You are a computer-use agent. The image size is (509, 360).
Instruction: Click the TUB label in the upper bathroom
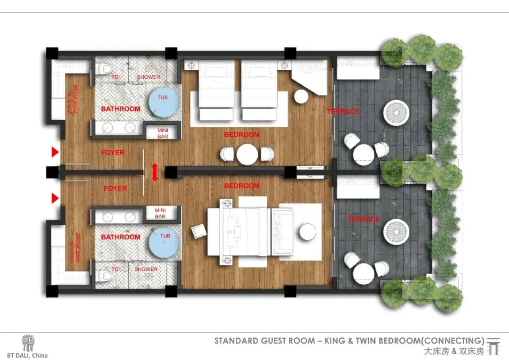(163, 98)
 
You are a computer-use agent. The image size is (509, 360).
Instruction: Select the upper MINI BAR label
(163, 133)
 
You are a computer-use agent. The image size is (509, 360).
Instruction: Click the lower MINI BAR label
(160, 213)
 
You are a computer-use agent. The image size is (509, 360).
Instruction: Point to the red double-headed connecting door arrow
(155, 172)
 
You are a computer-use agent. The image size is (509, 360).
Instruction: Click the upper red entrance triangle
(55, 152)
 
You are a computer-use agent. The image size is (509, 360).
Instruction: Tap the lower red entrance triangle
(55, 198)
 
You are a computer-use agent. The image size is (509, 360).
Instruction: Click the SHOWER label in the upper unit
(148, 77)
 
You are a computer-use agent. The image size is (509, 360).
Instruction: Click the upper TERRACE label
(343, 111)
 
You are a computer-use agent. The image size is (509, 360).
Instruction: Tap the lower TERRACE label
(363, 219)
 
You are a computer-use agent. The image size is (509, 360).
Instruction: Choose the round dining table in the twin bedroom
(247, 154)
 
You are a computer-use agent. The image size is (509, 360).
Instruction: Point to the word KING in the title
(335, 341)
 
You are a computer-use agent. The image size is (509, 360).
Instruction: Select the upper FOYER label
(113, 152)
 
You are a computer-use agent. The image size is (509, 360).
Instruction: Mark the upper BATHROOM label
(121, 109)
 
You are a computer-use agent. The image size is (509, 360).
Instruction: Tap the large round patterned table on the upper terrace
(396, 113)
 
